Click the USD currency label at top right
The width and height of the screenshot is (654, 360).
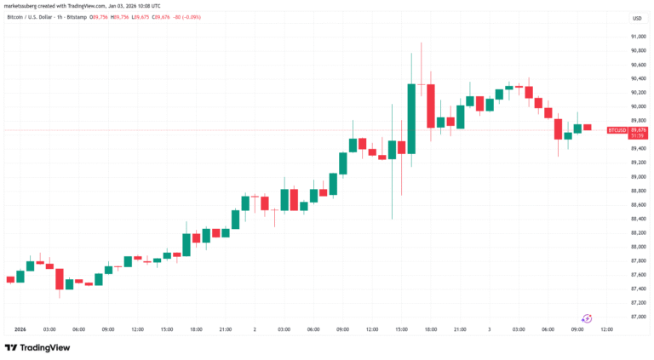(x=637, y=17)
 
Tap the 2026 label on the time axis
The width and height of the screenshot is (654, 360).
(x=20, y=329)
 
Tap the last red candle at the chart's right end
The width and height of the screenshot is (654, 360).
(x=587, y=127)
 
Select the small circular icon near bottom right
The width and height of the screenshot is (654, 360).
(x=587, y=317)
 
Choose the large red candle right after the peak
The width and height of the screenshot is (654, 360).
(x=431, y=106)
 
